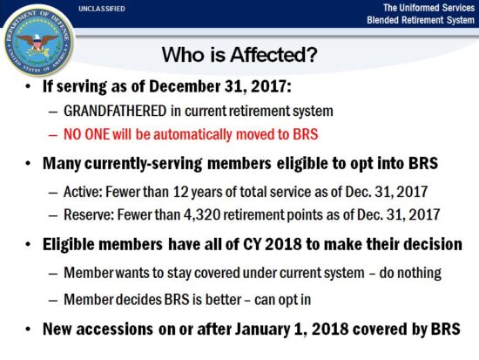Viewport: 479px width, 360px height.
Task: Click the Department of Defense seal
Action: pyautogui.click(x=37, y=38)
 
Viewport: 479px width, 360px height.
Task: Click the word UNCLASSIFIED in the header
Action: pyautogui.click(x=101, y=9)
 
